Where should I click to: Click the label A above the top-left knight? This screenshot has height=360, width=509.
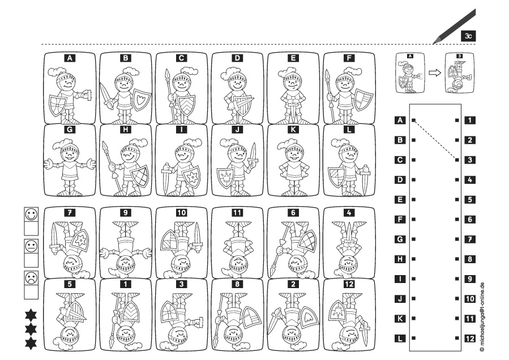[x=70, y=58]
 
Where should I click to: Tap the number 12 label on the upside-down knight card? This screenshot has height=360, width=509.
[x=349, y=284]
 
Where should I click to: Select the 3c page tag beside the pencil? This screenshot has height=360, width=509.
[x=468, y=36]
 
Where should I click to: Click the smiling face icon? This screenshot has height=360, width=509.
[x=31, y=215]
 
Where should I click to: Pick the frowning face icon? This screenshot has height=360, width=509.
[x=31, y=278]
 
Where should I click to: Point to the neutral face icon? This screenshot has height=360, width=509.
[x=31, y=246]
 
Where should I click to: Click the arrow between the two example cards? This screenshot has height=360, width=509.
[x=435, y=72]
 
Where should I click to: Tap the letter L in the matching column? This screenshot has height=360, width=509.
[x=400, y=338]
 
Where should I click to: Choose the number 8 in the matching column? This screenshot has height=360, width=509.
[x=470, y=259]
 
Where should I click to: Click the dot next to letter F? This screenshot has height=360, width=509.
[x=413, y=220]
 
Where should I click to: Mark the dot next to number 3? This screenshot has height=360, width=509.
[x=457, y=160]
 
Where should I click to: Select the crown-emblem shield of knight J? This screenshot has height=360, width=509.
[x=225, y=178]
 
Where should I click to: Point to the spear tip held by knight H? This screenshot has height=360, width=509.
[x=105, y=147]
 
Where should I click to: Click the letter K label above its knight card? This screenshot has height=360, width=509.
[x=293, y=130]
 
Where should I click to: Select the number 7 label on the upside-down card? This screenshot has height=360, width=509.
[x=70, y=213]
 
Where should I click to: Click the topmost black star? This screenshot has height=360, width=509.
[x=31, y=315]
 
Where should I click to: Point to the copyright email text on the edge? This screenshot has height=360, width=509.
[x=482, y=317]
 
